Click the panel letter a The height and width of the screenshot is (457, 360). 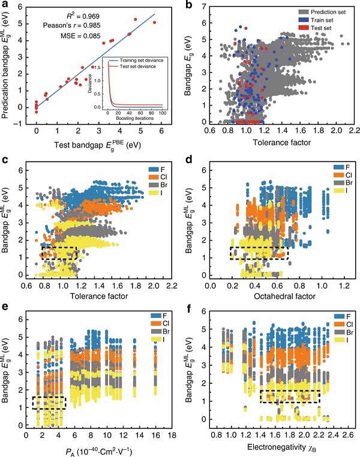click(4, 6)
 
